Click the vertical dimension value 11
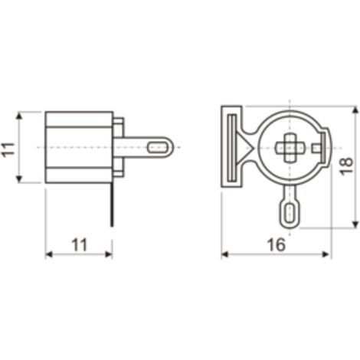(x=8, y=149)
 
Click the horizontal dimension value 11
(x=79, y=245)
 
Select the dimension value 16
(x=277, y=245)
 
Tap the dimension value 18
(x=347, y=166)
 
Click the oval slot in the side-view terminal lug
(x=157, y=148)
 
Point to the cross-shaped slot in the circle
(x=290, y=148)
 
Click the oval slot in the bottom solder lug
(x=290, y=213)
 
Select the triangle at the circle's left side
(x=245, y=148)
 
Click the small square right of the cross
(x=316, y=148)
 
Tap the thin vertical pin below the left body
(x=112, y=205)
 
